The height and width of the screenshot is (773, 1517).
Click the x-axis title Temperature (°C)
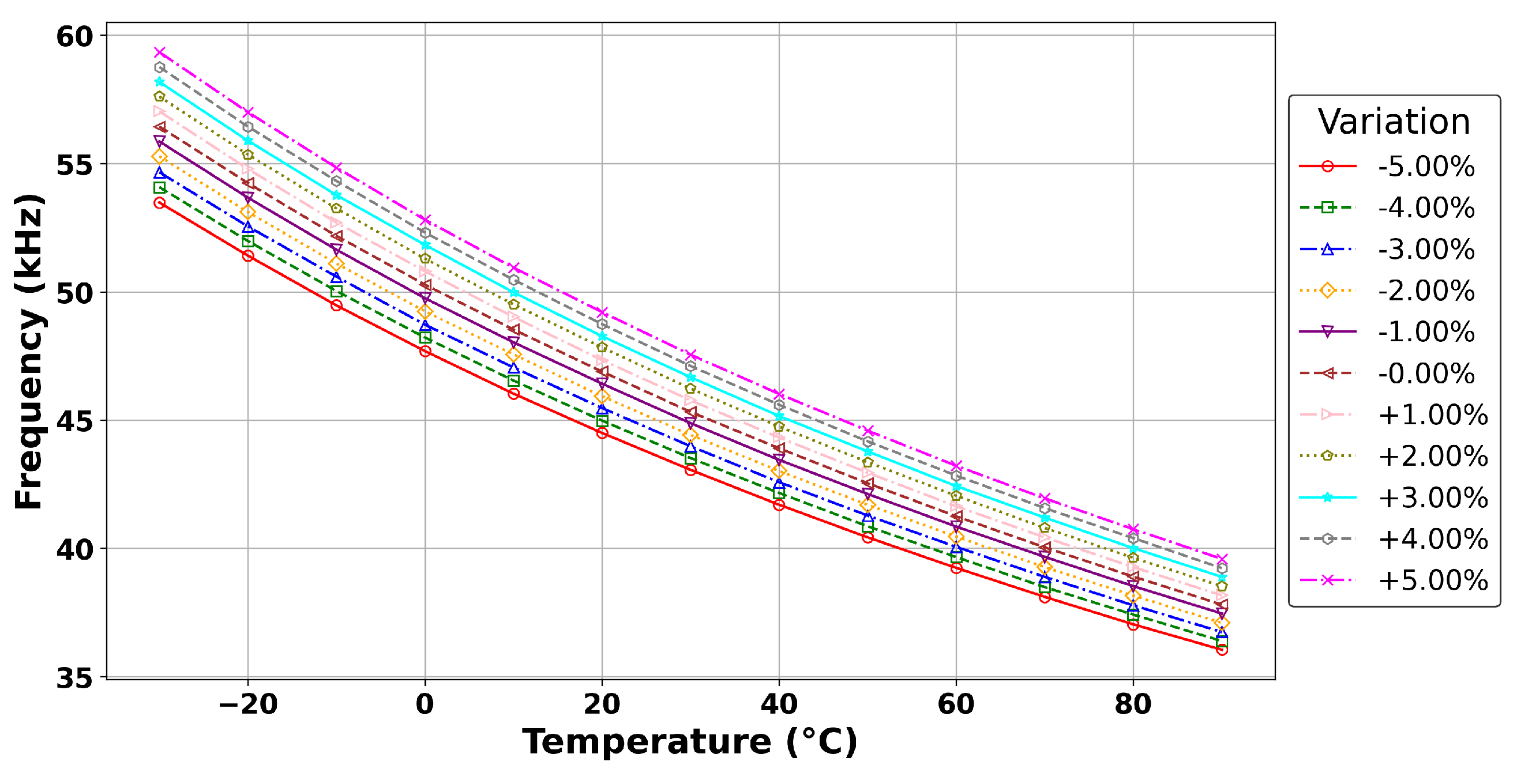[x=690, y=741]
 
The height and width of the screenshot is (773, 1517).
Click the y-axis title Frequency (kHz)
[x=29, y=351]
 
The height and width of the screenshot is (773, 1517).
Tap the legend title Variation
[x=1394, y=122]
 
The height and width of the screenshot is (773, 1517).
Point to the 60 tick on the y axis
[x=75, y=36]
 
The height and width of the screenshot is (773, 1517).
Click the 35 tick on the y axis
[x=75, y=678]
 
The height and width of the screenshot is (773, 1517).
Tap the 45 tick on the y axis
[x=75, y=421]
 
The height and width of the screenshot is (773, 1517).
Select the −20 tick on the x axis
[x=247, y=704]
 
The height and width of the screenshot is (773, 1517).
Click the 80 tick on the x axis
[x=1132, y=704]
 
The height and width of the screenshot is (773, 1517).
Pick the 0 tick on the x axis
[x=425, y=704]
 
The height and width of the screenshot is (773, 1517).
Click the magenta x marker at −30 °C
[x=159, y=52]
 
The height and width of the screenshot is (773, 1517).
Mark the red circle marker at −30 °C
[x=159, y=203]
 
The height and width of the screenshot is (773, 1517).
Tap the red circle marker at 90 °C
[x=1221, y=650]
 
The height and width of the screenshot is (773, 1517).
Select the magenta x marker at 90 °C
[x=1221, y=559]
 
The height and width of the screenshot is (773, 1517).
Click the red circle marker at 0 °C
[x=425, y=352]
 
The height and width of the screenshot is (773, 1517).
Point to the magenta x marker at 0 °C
[x=425, y=220]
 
